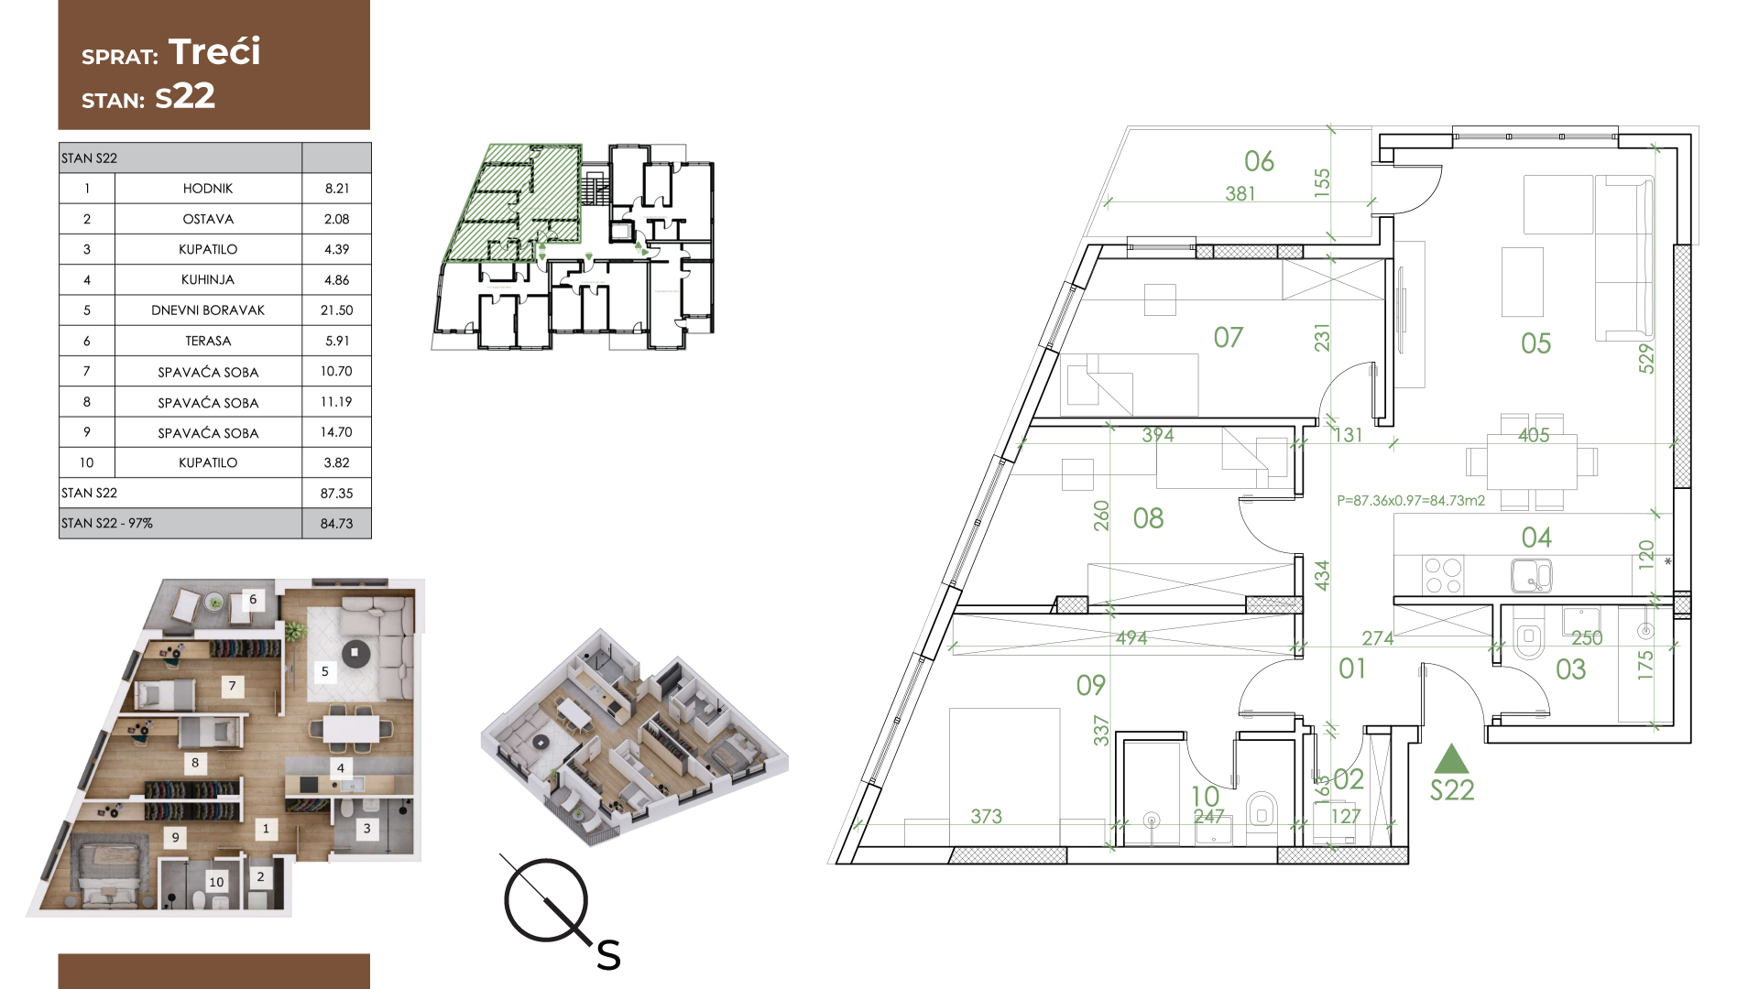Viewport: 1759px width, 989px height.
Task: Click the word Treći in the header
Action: click(x=214, y=51)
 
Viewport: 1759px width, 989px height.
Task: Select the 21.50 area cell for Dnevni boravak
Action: click(x=336, y=310)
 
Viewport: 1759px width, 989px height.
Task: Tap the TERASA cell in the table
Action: click(x=208, y=341)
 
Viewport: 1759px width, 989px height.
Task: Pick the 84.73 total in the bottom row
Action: click(x=336, y=524)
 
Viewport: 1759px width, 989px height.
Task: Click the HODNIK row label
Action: click(x=208, y=189)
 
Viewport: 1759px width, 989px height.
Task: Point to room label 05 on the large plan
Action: click(x=1535, y=343)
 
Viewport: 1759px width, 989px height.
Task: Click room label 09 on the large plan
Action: click(x=1090, y=685)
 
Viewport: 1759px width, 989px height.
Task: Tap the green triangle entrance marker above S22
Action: click(x=1450, y=760)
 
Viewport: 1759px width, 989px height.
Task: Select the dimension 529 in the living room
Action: click(x=1646, y=358)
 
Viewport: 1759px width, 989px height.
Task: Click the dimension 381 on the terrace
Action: click(x=1240, y=194)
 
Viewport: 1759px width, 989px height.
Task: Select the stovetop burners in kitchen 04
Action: click(x=1443, y=576)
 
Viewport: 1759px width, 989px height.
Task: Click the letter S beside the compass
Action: click(x=608, y=956)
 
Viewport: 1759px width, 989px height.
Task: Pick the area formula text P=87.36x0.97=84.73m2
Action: click(x=1411, y=501)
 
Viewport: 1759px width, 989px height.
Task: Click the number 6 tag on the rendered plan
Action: click(x=253, y=600)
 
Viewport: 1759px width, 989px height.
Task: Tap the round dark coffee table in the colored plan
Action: click(x=355, y=654)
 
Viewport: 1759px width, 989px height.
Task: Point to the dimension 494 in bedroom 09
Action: click(x=1131, y=638)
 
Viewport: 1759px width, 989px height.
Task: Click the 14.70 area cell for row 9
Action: click(x=336, y=432)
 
